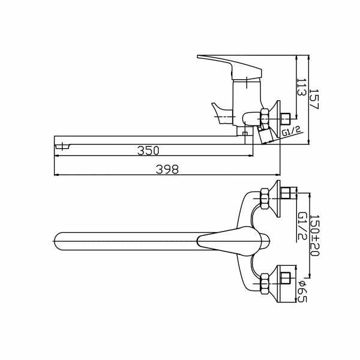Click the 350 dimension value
point(148,151)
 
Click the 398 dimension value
point(167,169)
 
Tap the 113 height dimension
point(302,87)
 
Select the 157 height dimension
point(314,99)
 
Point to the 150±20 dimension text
point(314,235)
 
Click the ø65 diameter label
point(302,292)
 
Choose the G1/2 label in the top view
point(302,226)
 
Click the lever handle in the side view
point(230,67)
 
